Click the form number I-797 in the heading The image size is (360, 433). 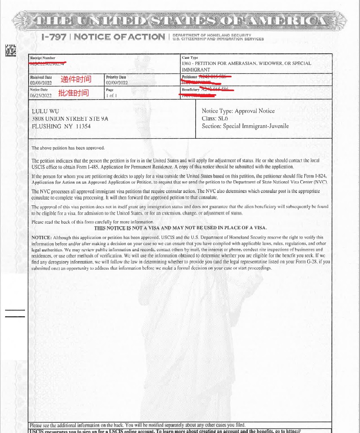tap(54, 37)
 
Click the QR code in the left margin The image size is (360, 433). tap(11, 50)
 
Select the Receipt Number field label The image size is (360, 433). tap(42, 58)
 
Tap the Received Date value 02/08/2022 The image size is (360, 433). tap(41, 82)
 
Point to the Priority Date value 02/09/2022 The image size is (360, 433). tap(117, 82)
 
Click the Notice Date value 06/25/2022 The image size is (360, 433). tap(41, 95)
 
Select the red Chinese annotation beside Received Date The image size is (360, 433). tap(76, 79)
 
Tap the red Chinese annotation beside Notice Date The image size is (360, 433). tap(73, 93)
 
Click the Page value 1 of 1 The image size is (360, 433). tap(111, 95)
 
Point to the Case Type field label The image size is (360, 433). tap(190, 58)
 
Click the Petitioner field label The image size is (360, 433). tap(189, 77)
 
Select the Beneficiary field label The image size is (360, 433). tap(190, 90)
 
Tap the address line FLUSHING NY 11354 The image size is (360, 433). tap(61, 126)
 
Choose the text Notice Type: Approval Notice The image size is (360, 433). tap(238, 111)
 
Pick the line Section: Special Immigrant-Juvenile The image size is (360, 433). tap(245, 126)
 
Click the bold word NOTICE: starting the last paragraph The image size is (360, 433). tap(41, 237)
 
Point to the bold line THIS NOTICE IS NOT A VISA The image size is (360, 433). tap(180, 228)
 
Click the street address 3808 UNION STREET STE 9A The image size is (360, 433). tap(70, 118)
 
